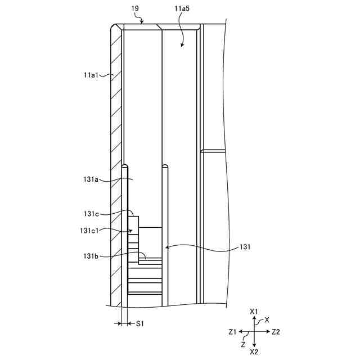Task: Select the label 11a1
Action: pos(91,74)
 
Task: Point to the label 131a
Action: pos(91,179)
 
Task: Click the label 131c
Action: pos(91,213)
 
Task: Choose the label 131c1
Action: pos(89,231)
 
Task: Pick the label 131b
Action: pos(91,256)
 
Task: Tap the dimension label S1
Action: pos(140,323)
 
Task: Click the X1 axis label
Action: pos(254,311)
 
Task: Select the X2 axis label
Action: pos(254,352)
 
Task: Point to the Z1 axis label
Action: pos(232,332)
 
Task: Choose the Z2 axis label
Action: pos(276,332)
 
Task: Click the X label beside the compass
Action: pos(267,319)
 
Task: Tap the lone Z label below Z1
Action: pos(243,343)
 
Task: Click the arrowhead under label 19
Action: pos(144,24)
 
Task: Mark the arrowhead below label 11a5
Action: pos(182,44)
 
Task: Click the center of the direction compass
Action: pos(254,332)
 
